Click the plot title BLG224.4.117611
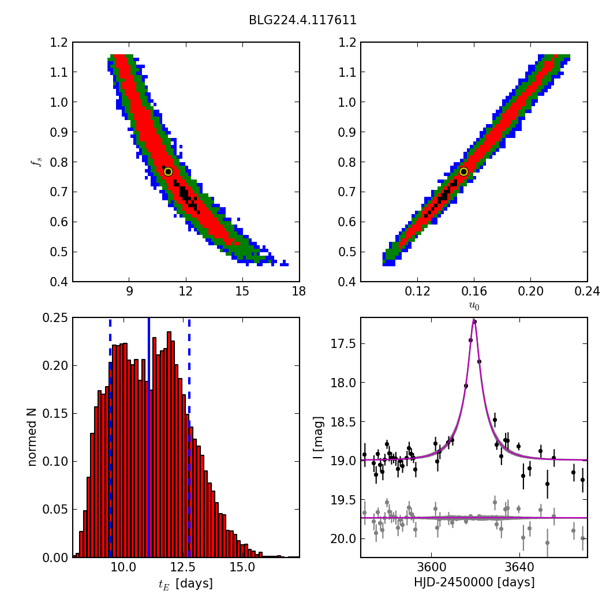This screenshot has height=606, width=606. pyautogui.click(x=302, y=20)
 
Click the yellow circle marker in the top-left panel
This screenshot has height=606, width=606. pyautogui.click(x=168, y=171)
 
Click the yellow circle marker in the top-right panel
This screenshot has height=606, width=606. pyautogui.click(x=463, y=171)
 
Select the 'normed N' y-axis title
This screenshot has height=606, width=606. pyautogui.click(x=32, y=437)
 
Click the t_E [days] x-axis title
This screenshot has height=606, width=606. pyautogui.click(x=185, y=583)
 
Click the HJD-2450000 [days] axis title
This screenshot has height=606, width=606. pyautogui.click(x=474, y=582)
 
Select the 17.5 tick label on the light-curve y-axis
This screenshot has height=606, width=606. pyautogui.click(x=342, y=344)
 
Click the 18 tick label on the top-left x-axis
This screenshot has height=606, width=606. pyautogui.click(x=299, y=291)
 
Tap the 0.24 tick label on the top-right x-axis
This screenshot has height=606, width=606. pyautogui.click(x=587, y=291)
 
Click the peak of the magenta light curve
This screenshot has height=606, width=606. pyautogui.click(x=474, y=320)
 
